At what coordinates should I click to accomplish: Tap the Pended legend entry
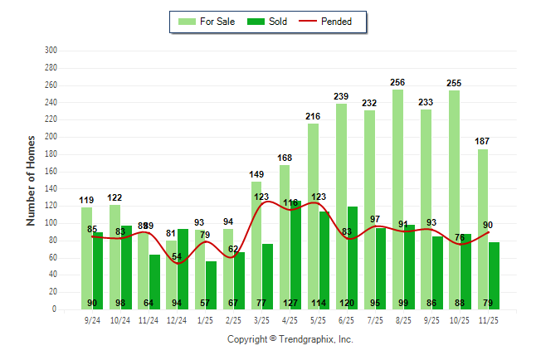(334, 22)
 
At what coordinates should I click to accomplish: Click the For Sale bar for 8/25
(397, 199)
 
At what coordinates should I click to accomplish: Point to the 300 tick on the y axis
(51, 51)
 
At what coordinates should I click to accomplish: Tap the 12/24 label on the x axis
(177, 319)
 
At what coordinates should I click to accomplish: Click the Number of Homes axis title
(31, 180)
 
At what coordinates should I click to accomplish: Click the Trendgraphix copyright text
(290, 339)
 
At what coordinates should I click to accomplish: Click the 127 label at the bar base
(290, 303)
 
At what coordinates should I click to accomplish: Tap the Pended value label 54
(177, 256)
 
